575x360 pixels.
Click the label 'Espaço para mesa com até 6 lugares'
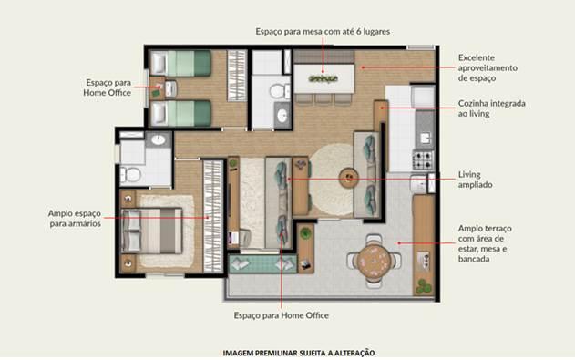pos(323,32)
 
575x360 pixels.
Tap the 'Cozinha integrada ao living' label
pos(491,108)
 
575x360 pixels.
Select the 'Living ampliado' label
pos(475,180)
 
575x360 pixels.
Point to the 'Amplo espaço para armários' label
pos(75,219)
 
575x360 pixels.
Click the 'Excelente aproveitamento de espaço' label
pos(488,67)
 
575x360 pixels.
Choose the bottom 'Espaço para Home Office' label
pos(282,315)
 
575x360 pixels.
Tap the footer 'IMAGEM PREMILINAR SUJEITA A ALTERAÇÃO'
pos(299,353)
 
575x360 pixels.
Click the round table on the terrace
pos(374,261)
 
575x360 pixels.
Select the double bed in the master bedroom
pos(151,231)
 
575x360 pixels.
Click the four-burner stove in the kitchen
pos(423,160)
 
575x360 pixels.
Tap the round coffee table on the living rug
pos(348,178)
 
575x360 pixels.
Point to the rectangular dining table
pos(323,78)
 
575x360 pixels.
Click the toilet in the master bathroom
pos(130,175)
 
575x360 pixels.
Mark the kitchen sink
pos(425,139)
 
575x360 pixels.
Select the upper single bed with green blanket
pos(181,63)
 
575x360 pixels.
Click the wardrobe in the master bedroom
pos(213,216)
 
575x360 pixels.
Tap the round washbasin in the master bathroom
pos(159,139)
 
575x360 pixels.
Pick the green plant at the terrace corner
pos(423,287)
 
